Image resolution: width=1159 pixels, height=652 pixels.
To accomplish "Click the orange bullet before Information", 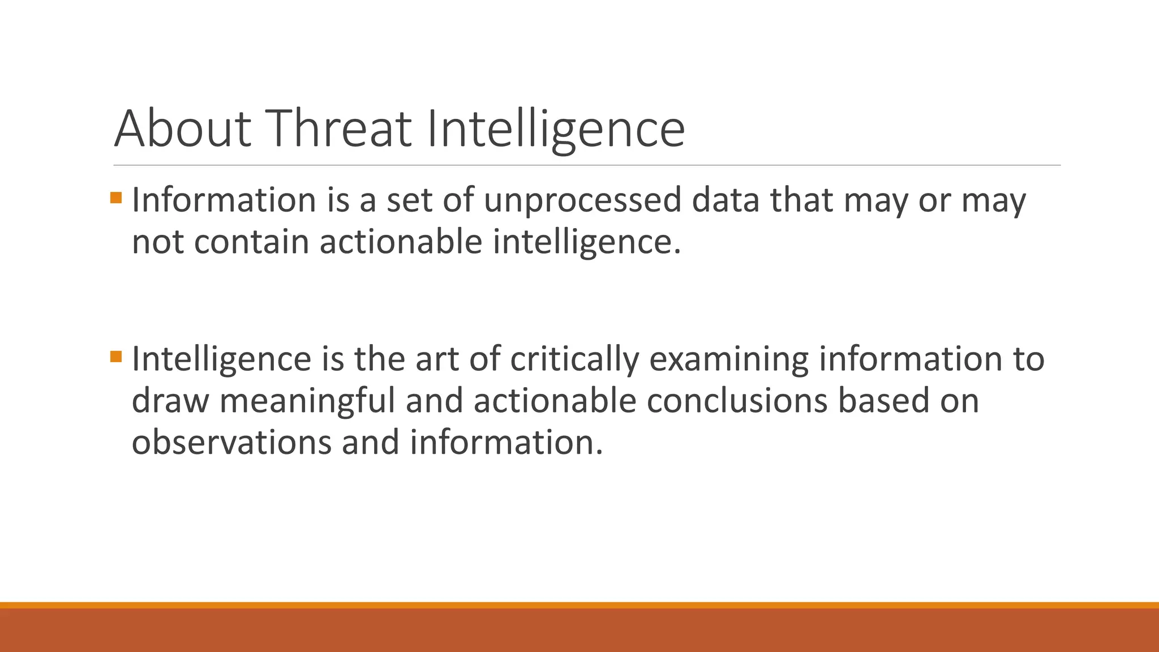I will (116, 198).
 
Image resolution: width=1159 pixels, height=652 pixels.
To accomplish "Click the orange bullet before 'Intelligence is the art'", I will (116, 357).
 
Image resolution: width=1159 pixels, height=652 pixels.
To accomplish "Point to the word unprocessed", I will (582, 201).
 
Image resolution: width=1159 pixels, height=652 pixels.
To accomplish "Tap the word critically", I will (574, 360).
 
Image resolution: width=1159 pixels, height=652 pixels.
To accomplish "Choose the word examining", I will (728, 360).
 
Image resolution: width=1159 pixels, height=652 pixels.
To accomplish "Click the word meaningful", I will (307, 401).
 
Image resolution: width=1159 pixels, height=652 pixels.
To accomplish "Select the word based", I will (883, 401).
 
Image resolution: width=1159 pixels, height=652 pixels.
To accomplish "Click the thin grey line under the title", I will (586, 165).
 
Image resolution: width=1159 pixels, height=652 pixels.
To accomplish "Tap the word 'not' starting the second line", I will (157, 242).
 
